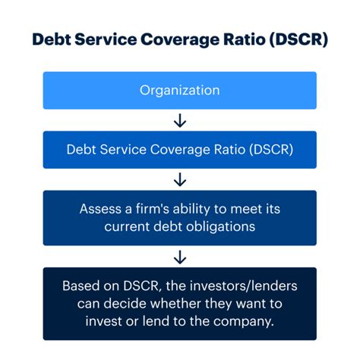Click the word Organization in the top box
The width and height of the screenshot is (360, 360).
180,90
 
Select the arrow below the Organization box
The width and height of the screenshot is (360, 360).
180,120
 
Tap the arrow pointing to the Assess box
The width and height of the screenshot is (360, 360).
180,179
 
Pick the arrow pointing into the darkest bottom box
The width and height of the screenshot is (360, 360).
180,257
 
